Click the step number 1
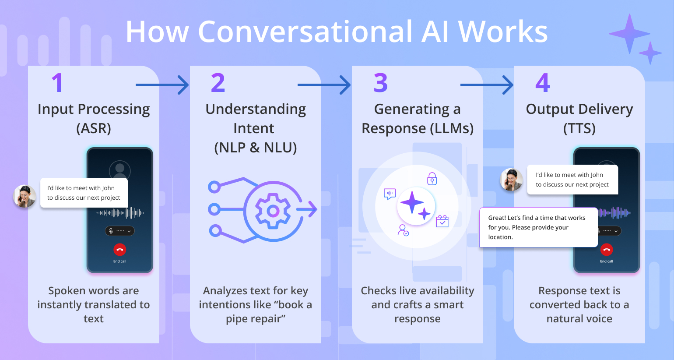58,83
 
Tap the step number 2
218,83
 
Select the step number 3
380,83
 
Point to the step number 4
542,83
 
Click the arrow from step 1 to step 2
162,85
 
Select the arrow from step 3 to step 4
487,85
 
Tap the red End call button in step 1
119,250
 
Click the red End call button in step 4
607,250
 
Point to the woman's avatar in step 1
25,196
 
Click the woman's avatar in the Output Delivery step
511,180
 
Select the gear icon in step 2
273,211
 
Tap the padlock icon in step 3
432,179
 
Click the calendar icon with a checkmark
442,221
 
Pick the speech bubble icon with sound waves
390,194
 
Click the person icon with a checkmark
403,230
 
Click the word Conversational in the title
305,32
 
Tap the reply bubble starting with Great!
538,227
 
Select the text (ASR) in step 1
94,128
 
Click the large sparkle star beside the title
629,34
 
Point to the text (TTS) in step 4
579,128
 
